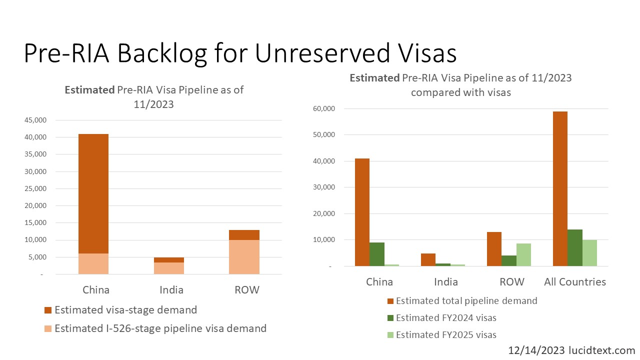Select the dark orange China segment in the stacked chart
tap(93, 193)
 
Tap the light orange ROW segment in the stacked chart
tap(244, 257)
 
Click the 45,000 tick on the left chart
tap(35, 120)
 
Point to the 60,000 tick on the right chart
tap(323, 108)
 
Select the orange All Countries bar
tap(560, 188)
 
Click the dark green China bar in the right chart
tap(377, 254)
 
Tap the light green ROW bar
tap(523, 254)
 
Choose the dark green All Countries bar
tap(575, 247)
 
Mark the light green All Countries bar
tap(589, 253)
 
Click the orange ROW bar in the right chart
tap(494, 249)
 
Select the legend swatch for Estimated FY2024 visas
tap(390, 318)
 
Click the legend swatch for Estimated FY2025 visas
tap(390, 335)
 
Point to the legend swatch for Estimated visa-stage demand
tap(48, 310)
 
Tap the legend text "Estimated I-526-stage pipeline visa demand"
tap(160, 328)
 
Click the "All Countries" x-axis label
tap(575, 282)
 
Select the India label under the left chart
tap(171, 290)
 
